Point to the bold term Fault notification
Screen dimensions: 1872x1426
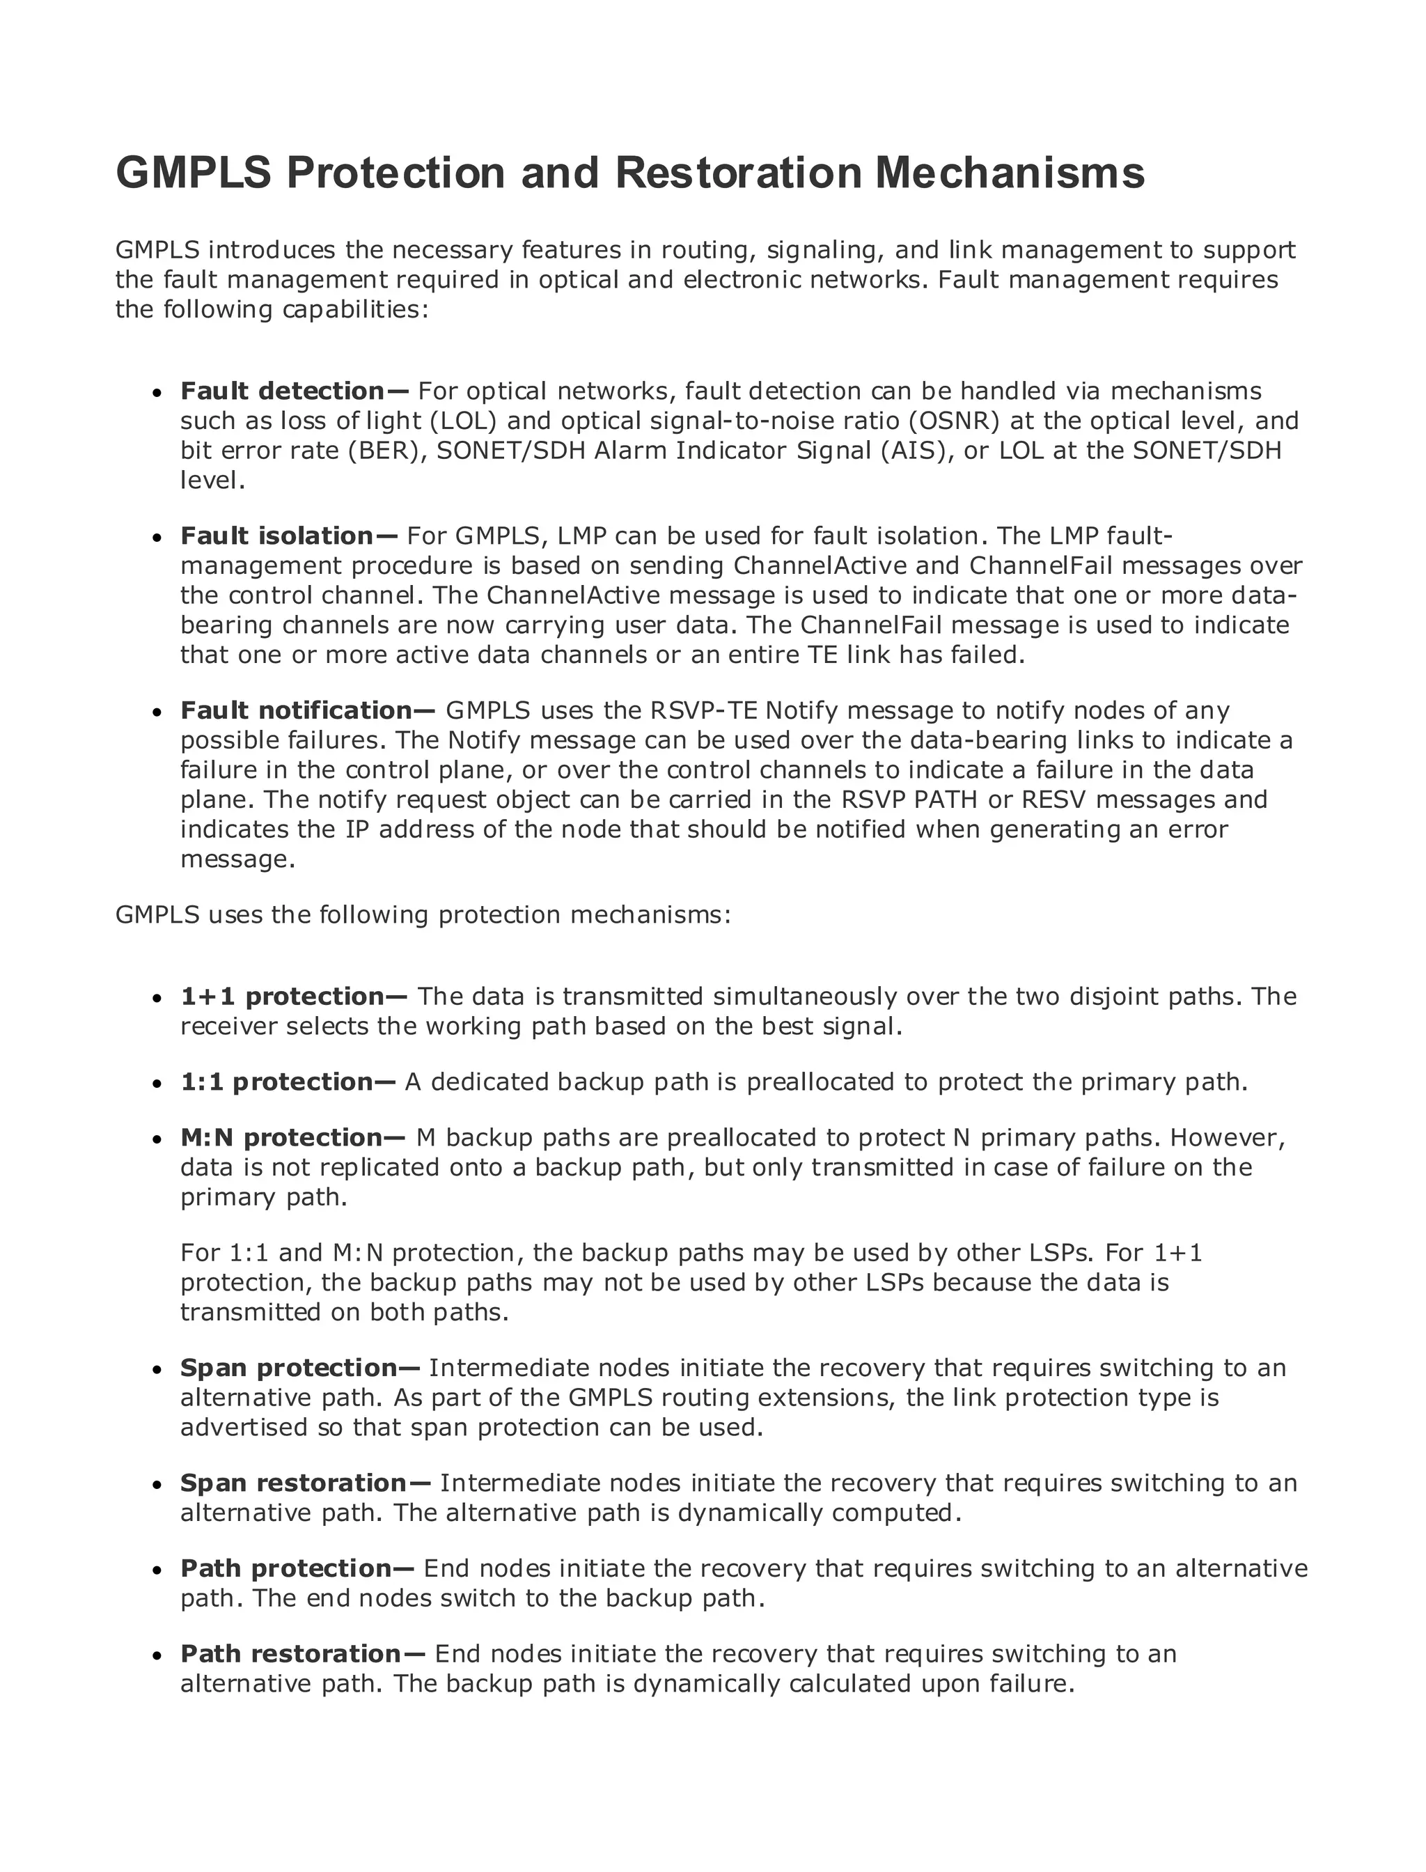pos(307,710)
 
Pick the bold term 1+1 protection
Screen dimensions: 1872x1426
pos(294,997)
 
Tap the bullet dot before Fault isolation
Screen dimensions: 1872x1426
pos(157,538)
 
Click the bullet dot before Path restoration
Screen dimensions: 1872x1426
pos(157,1655)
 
